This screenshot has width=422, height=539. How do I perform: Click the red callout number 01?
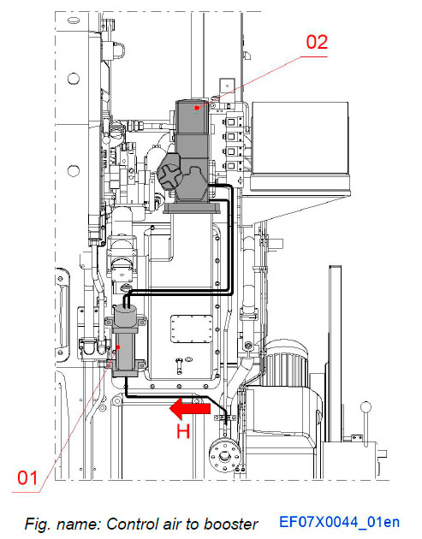27,478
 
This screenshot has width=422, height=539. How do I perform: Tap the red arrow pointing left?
189,409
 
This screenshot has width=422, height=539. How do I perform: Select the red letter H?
182,432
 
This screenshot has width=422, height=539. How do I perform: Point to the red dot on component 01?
130,348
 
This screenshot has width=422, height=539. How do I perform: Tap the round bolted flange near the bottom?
225,454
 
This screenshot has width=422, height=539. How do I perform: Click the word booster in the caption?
232,524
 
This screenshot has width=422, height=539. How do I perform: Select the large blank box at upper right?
305,136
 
